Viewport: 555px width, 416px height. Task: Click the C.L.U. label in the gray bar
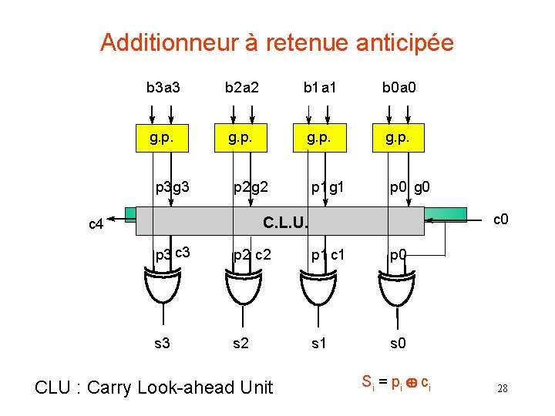(x=286, y=223)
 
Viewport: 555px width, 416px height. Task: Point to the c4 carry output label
(x=96, y=224)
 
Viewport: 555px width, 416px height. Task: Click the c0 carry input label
(x=500, y=220)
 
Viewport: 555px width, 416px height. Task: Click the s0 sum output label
(x=398, y=344)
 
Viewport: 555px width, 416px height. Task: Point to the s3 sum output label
(x=162, y=344)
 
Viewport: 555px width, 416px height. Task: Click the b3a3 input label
(x=163, y=88)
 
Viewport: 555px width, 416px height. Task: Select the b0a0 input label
(x=399, y=88)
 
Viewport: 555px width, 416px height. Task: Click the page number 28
(x=502, y=388)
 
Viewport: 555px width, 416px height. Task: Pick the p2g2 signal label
(x=251, y=186)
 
